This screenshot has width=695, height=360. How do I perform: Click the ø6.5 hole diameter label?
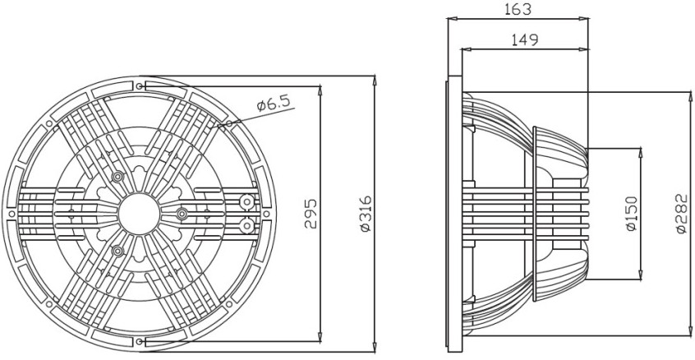[274, 104]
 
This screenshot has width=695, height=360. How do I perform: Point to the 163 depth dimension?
[517, 10]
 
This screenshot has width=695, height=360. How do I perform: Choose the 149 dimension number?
[523, 39]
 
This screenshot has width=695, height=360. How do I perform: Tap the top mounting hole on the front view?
[140, 85]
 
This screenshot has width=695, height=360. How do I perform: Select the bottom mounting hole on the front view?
[140, 340]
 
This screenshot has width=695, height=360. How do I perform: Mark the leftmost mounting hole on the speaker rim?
[12, 213]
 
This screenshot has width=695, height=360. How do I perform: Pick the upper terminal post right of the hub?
[246, 201]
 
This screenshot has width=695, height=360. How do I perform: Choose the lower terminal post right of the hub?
[246, 224]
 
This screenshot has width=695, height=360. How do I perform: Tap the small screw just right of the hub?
[181, 214]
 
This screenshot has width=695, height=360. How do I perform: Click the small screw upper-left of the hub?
[118, 177]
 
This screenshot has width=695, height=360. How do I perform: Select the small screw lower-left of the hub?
[118, 249]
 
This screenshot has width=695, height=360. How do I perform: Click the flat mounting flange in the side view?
[450, 214]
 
